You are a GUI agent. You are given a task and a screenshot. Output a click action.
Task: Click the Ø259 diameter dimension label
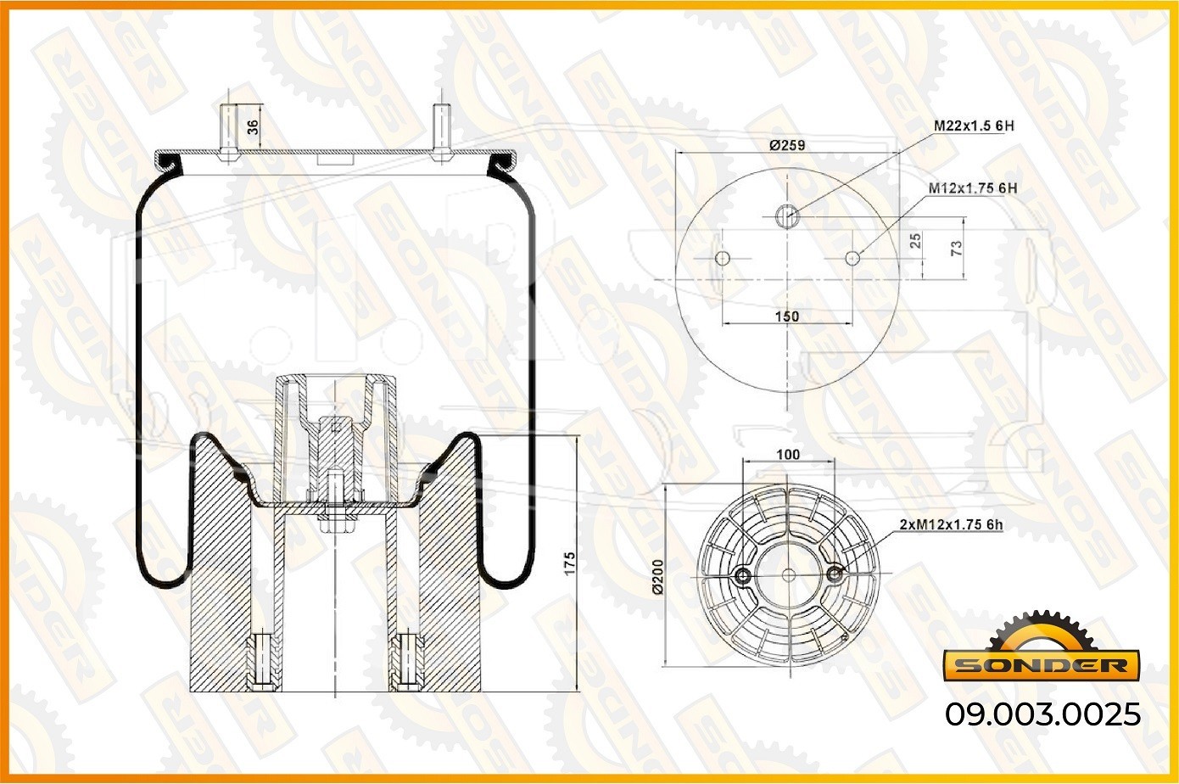[x=787, y=145]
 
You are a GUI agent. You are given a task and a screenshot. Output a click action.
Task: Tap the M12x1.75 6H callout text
[x=973, y=188]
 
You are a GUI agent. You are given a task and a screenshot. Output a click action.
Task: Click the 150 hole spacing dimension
[x=787, y=316]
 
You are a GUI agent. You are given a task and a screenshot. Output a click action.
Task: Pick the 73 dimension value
[x=957, y=248]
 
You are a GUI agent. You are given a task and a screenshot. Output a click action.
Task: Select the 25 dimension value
[x=915, y=241]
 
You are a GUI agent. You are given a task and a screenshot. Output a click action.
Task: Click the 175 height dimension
[x=569, y=563]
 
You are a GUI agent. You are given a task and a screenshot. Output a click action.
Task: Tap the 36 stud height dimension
[x=254, y=127]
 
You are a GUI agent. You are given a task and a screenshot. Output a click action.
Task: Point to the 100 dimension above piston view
[x=788, y=455]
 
